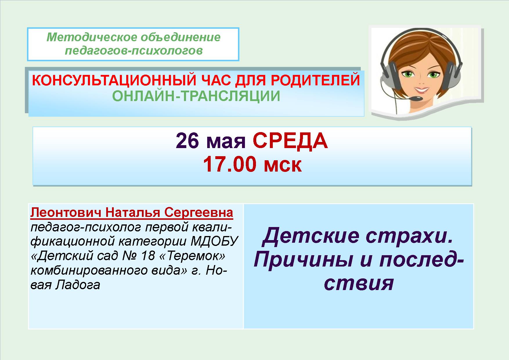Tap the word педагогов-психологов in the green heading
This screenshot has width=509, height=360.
click(x=133, y=51)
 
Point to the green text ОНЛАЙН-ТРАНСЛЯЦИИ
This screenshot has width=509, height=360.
click(x=196, y=96)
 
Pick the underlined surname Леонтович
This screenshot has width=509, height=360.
click(x=66, y=213)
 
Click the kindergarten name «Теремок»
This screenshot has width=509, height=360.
click(x=196, y=256)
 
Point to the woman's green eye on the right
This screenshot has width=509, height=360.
click(x=433, y=74)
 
